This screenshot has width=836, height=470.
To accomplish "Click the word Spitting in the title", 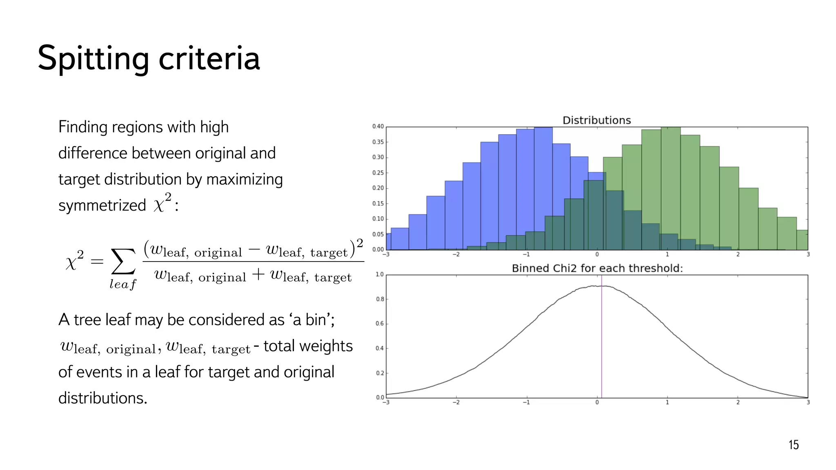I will [93, 58].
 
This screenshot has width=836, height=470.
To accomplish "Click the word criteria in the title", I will [209, 58].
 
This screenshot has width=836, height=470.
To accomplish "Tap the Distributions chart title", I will [596, 120].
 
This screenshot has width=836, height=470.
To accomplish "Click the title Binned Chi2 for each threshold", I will [597, 268].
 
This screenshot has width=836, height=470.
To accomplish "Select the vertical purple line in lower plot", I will [601, 347].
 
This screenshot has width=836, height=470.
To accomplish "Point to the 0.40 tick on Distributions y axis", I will [378, 127].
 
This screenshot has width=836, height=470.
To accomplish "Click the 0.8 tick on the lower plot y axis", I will [380, 299].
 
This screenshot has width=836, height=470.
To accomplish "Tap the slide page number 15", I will [793, 445].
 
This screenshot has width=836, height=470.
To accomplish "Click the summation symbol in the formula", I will [123, 262].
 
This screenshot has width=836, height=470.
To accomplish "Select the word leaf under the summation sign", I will [122, 284].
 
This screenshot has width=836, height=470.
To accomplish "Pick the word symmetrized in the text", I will [102, 205].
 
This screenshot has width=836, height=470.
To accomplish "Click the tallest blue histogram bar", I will [543, 188].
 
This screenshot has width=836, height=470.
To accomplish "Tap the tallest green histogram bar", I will [670, 188].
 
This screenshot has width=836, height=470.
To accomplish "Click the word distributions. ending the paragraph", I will [102, 398].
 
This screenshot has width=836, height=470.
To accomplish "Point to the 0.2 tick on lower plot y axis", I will [380, 373].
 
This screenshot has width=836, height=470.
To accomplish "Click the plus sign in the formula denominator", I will [258, 275].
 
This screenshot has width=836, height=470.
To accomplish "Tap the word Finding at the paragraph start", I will [83, 127].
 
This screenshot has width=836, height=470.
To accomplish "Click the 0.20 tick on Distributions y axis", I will [378, 188].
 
